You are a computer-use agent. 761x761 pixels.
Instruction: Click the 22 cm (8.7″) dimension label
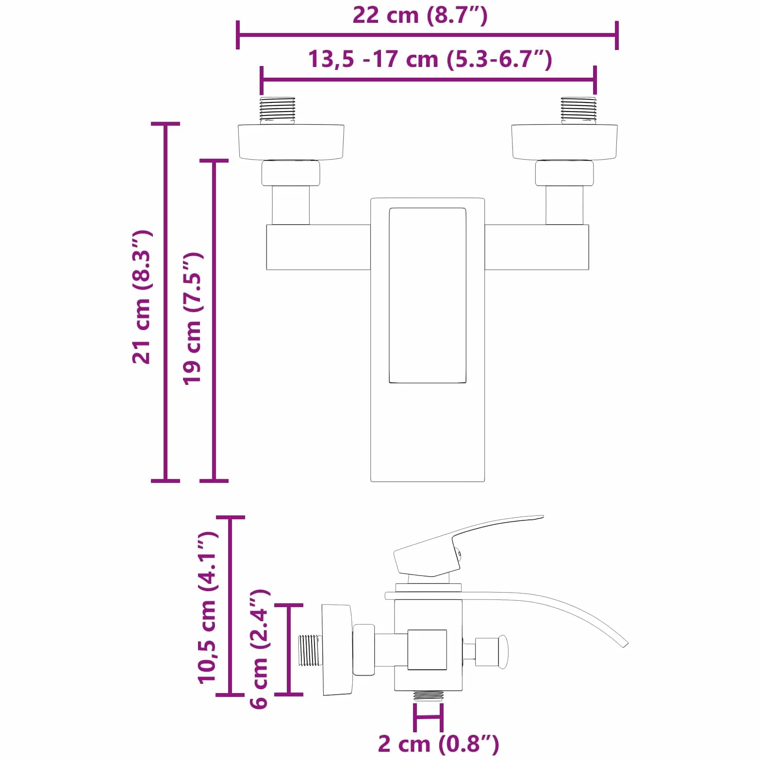click(x=420, y=16)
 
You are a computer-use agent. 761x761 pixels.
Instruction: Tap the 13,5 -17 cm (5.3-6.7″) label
click(x=430, y=59)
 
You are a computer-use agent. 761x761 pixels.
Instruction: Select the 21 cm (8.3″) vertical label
click(x=142, y=297)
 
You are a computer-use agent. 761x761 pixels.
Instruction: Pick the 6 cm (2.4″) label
click(x=259, y=649)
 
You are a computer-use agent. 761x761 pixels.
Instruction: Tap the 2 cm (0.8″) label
click(x=438, y=744)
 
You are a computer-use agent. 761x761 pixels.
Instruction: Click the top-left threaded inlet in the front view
click(x=278, y=110)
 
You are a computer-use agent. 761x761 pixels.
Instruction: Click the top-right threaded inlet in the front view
click(x=579, y=110)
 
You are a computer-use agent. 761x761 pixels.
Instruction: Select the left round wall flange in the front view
click(x=291, y=143)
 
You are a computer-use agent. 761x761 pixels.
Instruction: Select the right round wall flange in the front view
click(x=564, y=143)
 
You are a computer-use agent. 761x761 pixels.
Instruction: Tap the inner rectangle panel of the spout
click(x=428, y=295)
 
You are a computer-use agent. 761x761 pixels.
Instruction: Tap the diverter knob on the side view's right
click(x=492, y=651)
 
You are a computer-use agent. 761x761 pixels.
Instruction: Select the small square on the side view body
click(x=427, y=650)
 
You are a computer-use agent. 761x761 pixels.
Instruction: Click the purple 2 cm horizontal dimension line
click(x=428, y=717)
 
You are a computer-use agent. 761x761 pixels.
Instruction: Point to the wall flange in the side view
click(x=337, y=650)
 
